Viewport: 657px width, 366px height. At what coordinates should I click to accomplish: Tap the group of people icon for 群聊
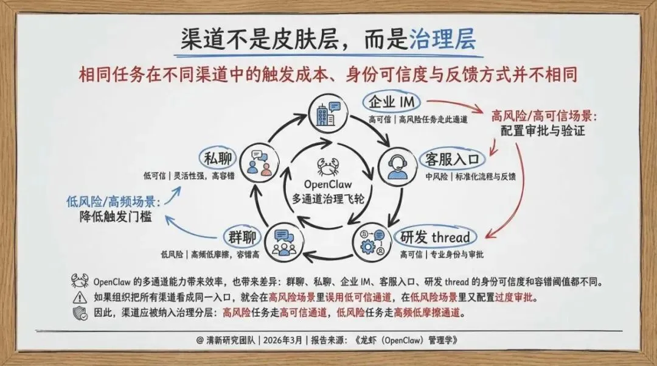(x=283, y=242)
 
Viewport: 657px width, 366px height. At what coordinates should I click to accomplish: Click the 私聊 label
(x=218, y=159)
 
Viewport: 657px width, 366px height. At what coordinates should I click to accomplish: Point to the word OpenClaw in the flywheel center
(x=328, y=184)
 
